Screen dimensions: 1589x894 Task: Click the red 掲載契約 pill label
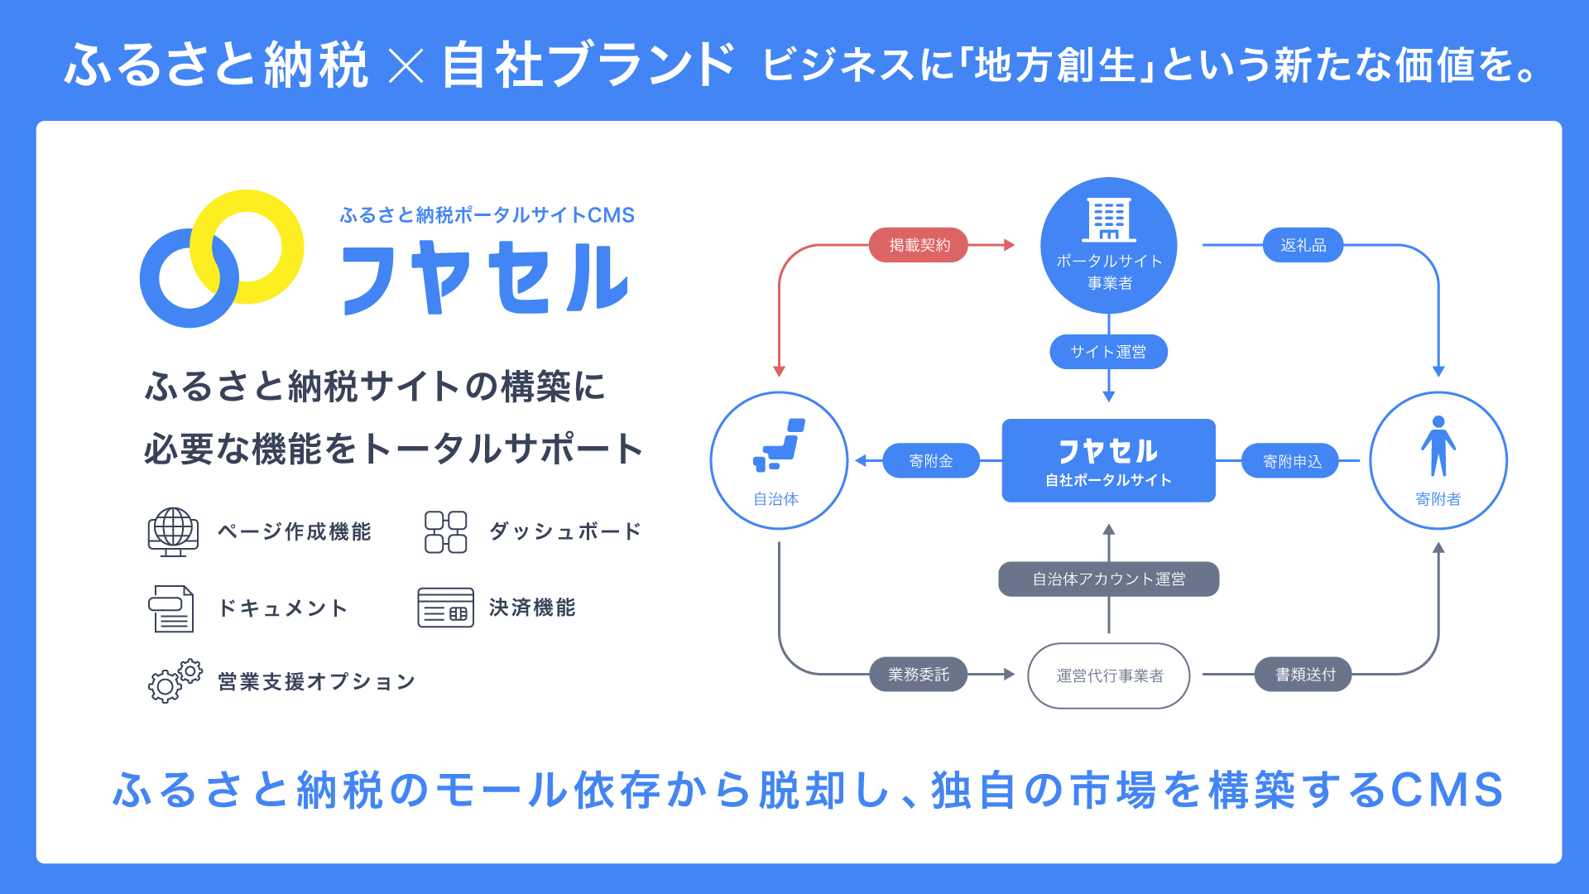919,245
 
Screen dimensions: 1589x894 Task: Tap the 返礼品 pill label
1303,245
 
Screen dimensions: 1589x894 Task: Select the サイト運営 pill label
1108,352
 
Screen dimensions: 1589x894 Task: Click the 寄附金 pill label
931,461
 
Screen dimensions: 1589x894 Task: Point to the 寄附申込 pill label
1292,461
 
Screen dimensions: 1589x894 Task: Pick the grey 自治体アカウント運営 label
1108,579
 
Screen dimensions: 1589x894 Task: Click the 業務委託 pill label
919,675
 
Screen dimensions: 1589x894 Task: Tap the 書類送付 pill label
1304,675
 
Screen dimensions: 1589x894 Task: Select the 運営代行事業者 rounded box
1109,675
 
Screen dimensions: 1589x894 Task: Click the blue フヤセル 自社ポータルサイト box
1109,460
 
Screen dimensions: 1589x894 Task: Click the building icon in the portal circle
1109,219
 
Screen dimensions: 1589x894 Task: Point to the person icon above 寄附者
1438,446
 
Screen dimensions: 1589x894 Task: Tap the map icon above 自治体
779,445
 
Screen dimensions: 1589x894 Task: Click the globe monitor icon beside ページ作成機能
173,531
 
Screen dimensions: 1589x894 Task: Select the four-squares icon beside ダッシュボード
446,531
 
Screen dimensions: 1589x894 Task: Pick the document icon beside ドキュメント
171,608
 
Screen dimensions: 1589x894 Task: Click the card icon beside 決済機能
446,608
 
